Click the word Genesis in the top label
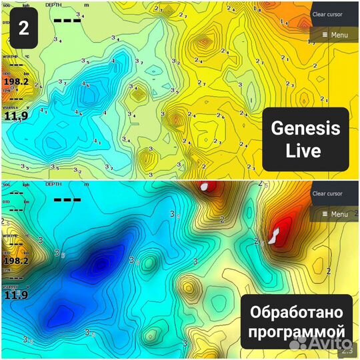pyautogui.click(x=305, y=129)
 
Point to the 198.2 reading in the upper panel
pyautogui.click(x=16, y=82)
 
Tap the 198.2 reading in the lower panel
pyautogui.click(x=16, y=261)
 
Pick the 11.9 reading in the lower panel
pyautogui.click(x=16, y=295)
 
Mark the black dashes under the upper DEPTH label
pyautogui.click(x=67, y=21)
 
